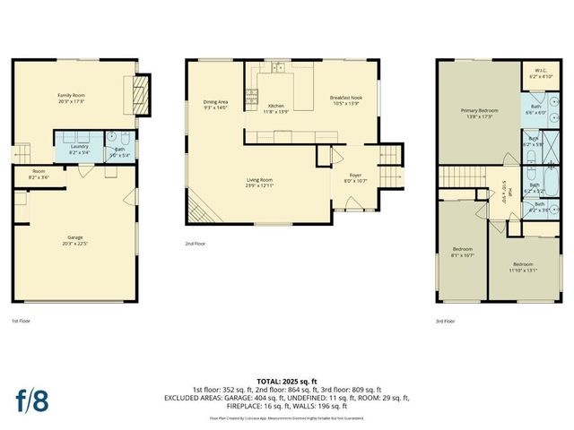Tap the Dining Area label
coord(216,104)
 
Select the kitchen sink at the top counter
coord(280,67)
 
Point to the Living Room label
coord(260,183)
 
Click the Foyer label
coord(354,178)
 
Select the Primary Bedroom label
coord(479,114)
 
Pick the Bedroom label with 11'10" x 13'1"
coord(523,266)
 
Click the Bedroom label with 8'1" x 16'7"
coord(463,251)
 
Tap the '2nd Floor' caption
coord(195,243)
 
